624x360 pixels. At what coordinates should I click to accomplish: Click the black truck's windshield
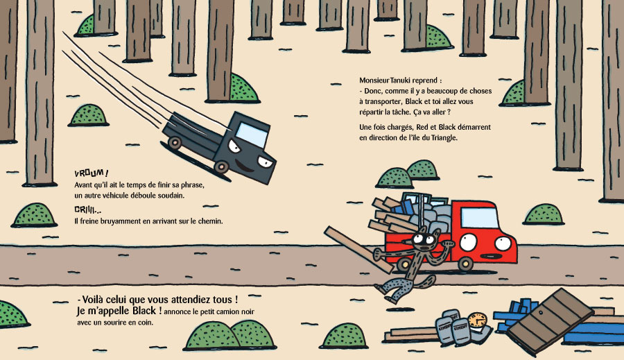[252, 134]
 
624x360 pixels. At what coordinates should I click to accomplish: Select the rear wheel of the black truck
[175, 143]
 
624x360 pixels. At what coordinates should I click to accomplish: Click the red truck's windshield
[479, 217]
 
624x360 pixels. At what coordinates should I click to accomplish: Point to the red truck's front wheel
[465, 263]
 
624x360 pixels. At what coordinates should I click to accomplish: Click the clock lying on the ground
[477, 321]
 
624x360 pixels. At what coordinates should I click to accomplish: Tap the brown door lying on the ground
[550, 321]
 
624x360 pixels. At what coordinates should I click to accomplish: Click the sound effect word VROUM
[92, 173]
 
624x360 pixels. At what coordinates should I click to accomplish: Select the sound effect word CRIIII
[87, 210]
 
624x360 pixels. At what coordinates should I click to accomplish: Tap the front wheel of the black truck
[221, 166]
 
